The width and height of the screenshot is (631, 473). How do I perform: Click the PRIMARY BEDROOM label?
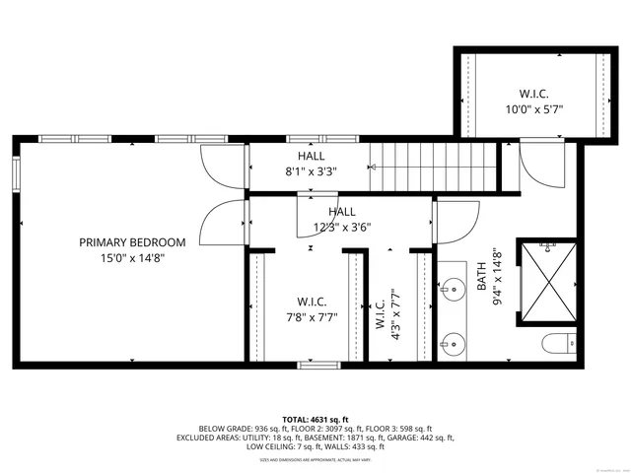click(x=133, y=242)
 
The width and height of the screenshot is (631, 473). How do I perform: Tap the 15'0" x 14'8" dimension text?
click(x=133, y=258)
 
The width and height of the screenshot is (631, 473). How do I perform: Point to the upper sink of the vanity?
click(x=454, y=289)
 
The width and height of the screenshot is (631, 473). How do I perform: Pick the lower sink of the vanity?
click(x=454, y=343)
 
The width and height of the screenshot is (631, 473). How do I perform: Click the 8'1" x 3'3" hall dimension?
click(x=310, y=171)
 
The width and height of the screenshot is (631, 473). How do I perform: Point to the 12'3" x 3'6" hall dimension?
click(x=341, y=227)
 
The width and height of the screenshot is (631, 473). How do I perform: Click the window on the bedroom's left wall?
click(x=16, y=174)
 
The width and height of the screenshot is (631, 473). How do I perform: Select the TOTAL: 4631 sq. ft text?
click(x=315, y=420)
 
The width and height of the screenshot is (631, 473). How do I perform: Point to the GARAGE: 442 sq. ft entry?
click(x=420, y=438)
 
